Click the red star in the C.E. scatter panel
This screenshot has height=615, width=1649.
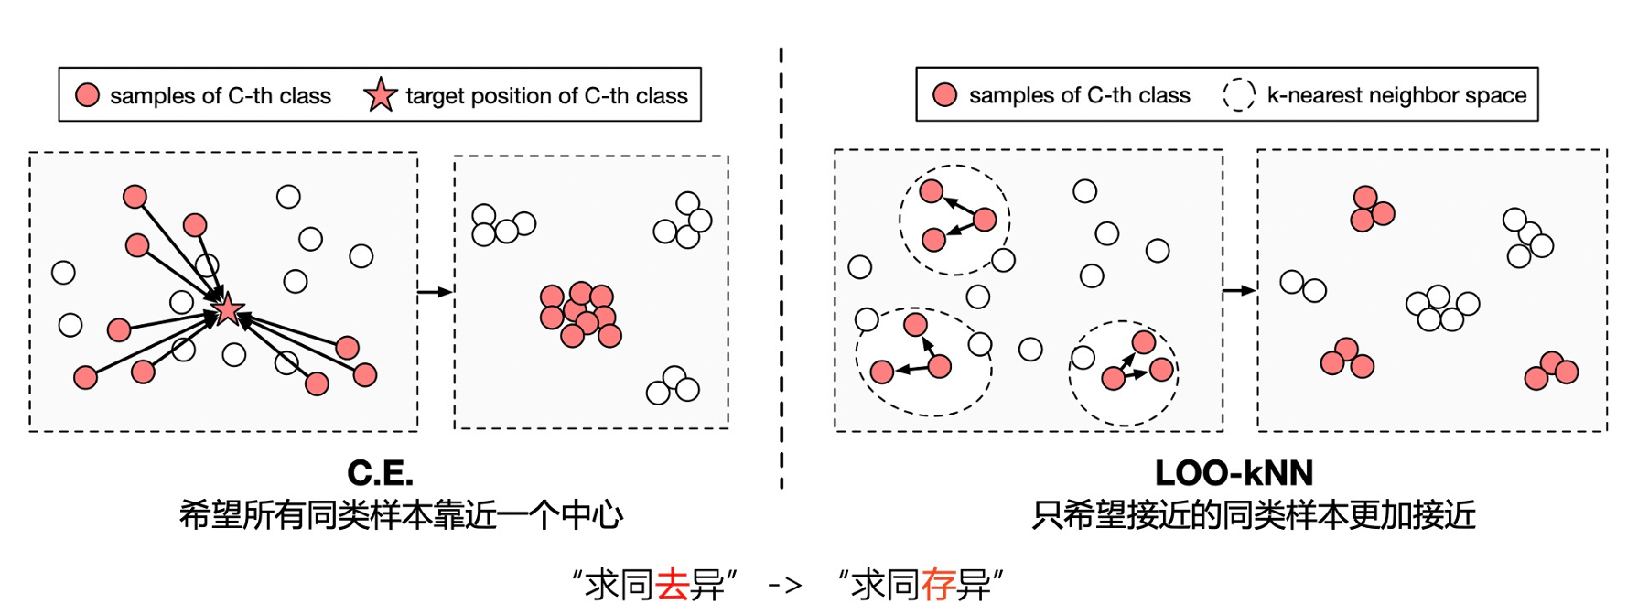(x=228, y=309)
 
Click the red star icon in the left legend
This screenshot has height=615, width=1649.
(x=380, y=94)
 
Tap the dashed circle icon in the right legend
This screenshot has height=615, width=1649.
(x=1239, y=94)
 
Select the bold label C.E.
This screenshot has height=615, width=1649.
(x=381, y=473)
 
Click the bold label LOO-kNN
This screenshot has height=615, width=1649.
(x=1234, y=473)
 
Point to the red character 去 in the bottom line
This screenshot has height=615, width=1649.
(x=673, y=584)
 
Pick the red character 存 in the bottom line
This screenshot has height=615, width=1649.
(x=938, y=584)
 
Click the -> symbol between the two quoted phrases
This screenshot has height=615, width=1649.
(x=785, y=585)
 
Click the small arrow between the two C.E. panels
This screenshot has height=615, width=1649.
(x=436, y=292)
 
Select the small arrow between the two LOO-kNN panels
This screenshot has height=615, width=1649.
(x=1240, y=291)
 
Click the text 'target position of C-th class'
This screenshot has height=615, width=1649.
(x=546, y=95)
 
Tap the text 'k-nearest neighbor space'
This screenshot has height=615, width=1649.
(x=1396, y=95)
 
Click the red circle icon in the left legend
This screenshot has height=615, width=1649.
(x=88, y=95)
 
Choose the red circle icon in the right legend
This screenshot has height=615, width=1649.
(x=945, y=95)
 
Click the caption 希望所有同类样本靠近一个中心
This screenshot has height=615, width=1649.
(x=401, y=515)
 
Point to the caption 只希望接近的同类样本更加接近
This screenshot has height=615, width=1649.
(x=1254, y=515)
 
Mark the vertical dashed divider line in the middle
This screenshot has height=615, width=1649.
(x=781, y=268)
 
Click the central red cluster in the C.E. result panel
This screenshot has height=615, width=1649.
(x=580, y=315)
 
